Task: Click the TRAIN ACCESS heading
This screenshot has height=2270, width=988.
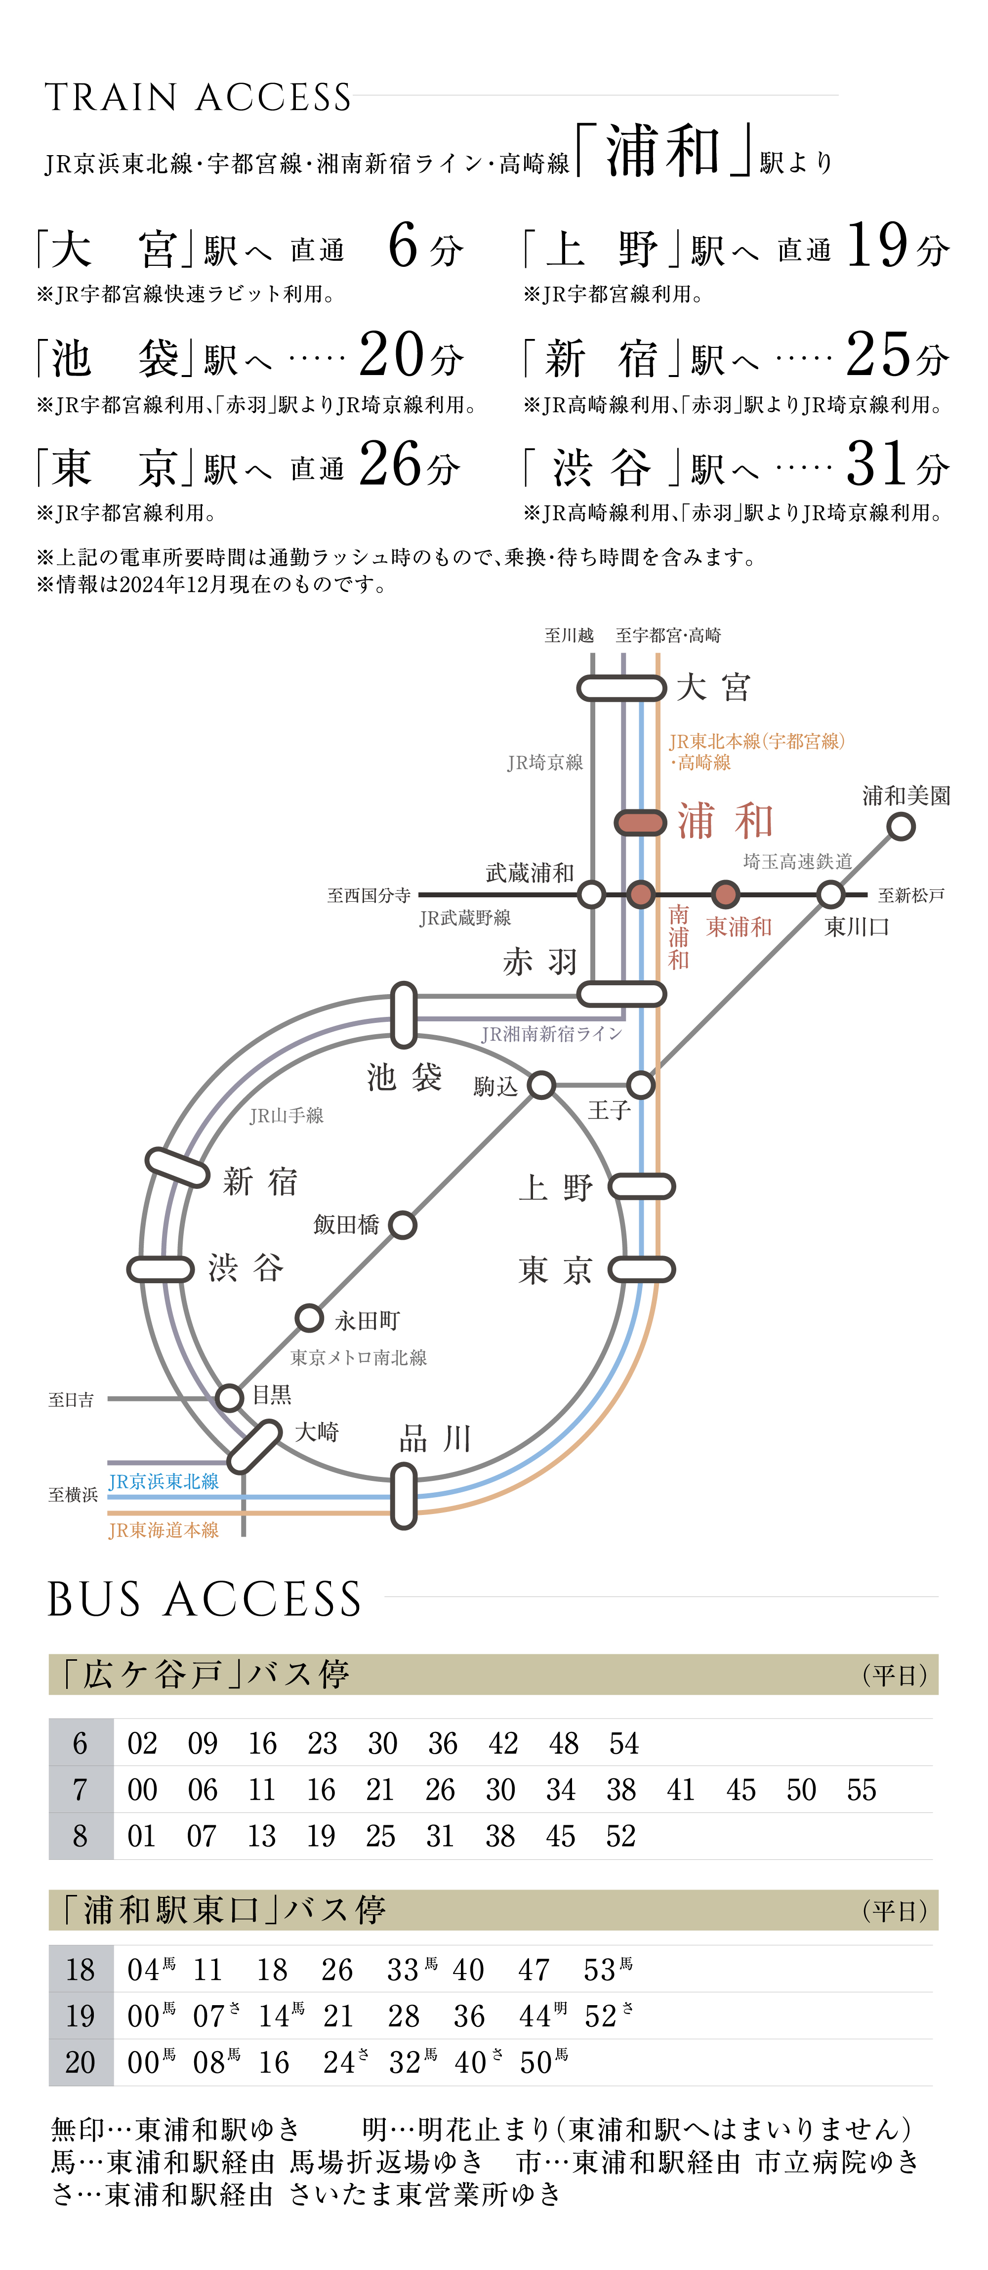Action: pos(198,98)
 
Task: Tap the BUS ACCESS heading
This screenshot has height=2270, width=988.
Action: pos(205,1599)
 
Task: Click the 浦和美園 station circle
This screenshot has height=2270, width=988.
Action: pos(900,827)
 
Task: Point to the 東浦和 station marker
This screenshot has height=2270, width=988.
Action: pos(725,894)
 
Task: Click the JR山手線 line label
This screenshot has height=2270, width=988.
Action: pos(287,1116)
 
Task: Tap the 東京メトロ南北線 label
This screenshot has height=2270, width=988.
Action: pos(359,1357)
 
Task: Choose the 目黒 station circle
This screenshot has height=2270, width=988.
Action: pos(229,1397)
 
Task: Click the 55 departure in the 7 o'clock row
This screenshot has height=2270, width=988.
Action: pos(861,1790)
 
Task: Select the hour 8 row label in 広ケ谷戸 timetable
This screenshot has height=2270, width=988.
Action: pos(80,1836)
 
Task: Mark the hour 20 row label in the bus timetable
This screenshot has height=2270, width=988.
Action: pos(80,2062)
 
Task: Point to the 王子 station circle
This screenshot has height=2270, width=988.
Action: pos(641,1085)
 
